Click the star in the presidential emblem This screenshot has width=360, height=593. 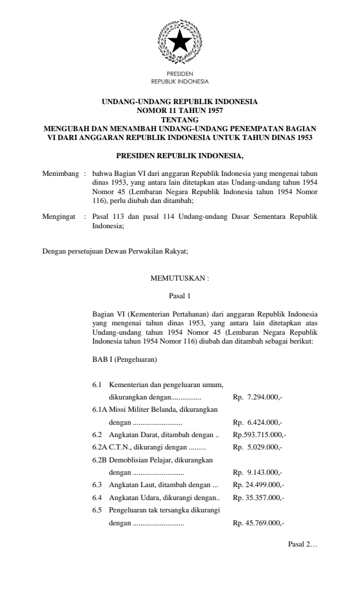180,42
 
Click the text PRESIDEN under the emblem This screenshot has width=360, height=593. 180,75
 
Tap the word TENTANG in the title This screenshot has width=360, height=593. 180,119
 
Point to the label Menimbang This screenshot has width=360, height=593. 60,175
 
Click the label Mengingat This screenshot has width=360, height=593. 60,216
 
